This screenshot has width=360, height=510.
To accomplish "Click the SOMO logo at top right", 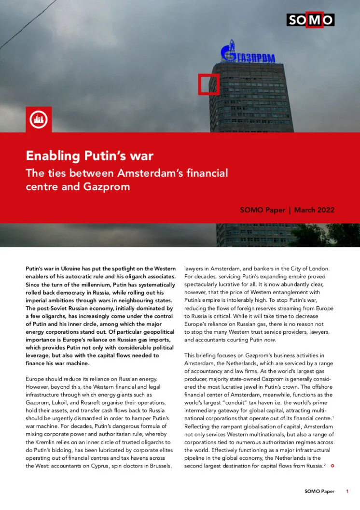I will click(x=310, y=19).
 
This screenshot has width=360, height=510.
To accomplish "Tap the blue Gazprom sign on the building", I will click(x=248, y=55).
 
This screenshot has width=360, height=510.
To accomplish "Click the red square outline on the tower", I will click(x=208, y=85).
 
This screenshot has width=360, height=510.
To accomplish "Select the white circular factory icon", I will click(x=38, y=119).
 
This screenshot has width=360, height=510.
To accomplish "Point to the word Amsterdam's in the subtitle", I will click(x=146, y=173).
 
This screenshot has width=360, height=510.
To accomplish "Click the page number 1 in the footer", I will click(x=347, y=492).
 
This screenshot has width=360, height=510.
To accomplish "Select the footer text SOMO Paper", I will click(x=319, y=492).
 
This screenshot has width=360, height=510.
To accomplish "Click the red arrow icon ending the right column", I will click(x=332, y=466).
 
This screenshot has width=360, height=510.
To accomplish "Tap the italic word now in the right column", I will click(x=270, y=339).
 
